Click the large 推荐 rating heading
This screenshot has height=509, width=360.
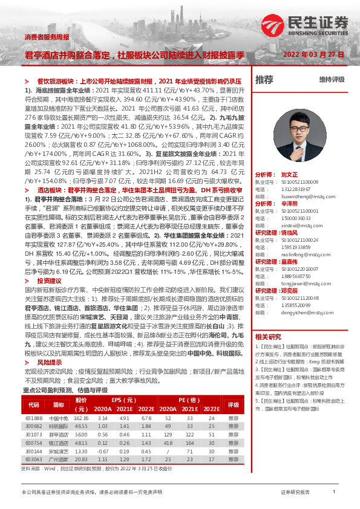click(x=264, y=80)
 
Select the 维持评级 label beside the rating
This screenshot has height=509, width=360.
click(x=332, y=80)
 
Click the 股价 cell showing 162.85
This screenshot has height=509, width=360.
click(x=81, y=418)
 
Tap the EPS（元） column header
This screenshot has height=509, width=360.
click(x=123, y=400)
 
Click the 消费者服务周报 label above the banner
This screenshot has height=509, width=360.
click(x=45, y=37)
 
